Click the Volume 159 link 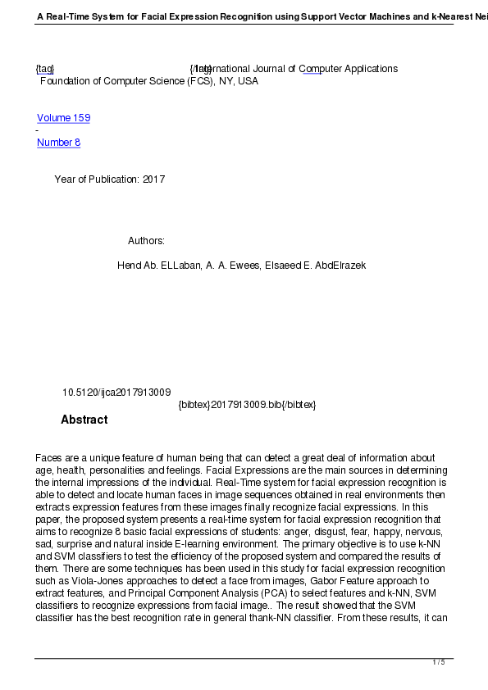[63, 118]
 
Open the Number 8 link [58, 143]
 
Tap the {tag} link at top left [45, 69]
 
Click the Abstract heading [84, 420]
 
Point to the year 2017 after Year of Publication [153, 179]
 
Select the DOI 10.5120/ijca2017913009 [116, 393]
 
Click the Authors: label [146, 241]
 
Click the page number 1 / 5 [439, 662]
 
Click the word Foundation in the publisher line [66, 81]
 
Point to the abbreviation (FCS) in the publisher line [195, 81]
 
